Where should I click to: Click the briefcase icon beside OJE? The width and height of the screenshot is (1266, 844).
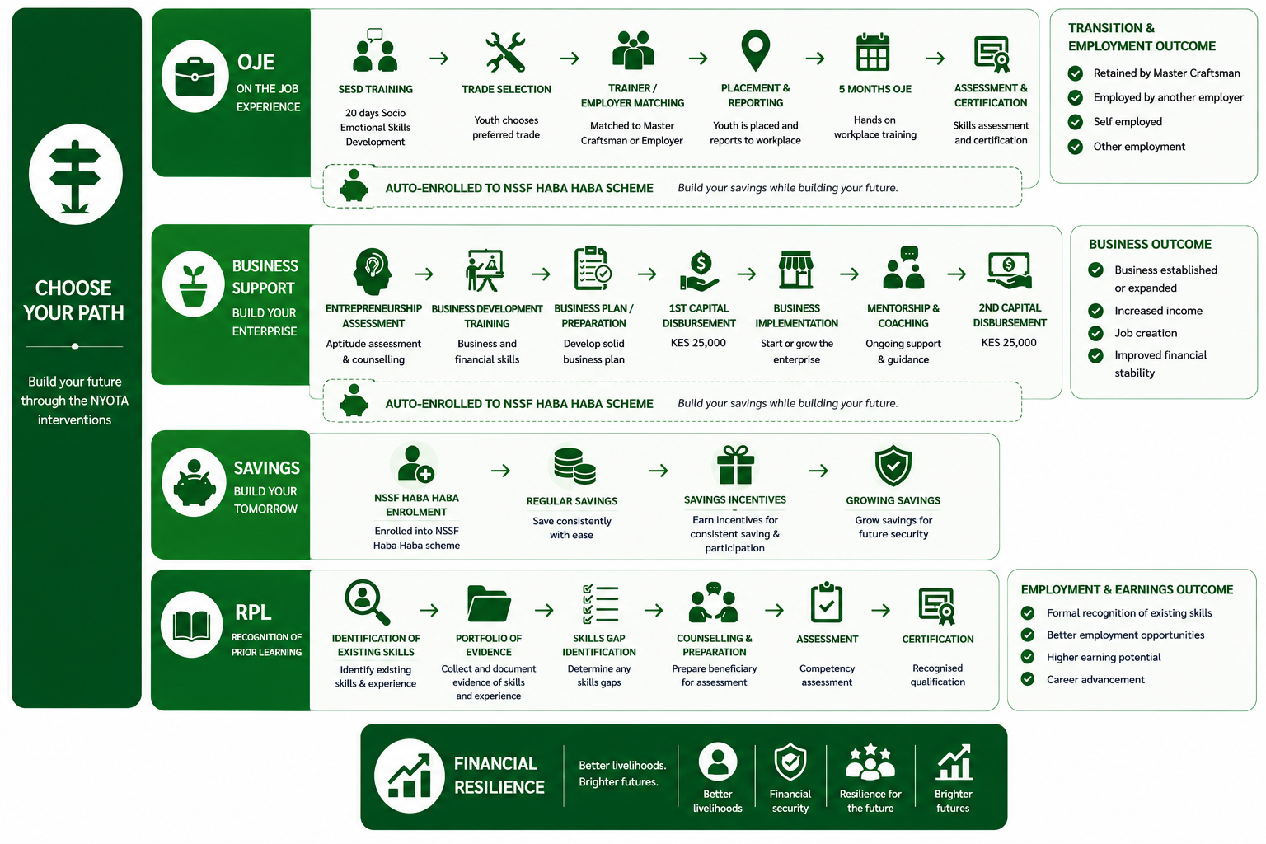click(x=195, y=77)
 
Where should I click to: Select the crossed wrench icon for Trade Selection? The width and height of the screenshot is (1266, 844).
click(x=505, y=53)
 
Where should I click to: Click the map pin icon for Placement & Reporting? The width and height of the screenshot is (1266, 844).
click(x=755, y=51)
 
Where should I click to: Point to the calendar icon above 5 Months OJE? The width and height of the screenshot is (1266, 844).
click(x=873, y=52)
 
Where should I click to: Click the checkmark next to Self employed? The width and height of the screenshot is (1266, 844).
click(x=1075, y=122)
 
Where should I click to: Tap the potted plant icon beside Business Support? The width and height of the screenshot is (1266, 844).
click(x=194, y=285)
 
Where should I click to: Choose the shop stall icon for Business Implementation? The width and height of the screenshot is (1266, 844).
click(x=795, y=270)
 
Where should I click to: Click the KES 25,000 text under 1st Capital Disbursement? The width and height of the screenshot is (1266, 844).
click(x=698, y=343)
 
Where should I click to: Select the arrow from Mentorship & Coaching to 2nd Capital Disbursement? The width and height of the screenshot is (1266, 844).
click(x=957, y=274)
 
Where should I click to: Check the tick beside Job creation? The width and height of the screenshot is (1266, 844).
click(x=1096, y=333)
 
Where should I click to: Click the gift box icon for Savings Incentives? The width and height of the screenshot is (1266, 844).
click(x=735, y=465)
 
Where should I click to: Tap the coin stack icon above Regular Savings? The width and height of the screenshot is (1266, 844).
click(x=574, y=467)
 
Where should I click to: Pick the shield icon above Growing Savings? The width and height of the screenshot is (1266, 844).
click(x=893, y=466)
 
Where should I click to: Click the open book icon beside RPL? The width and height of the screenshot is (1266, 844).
click(x=191, y=626)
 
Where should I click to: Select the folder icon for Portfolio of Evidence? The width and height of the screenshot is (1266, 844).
click(x=489, y=604)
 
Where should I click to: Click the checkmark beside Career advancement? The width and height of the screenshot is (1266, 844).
click(x=1028, y=679)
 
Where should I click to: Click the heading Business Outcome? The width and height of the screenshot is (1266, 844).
click(x=1150, y=244)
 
